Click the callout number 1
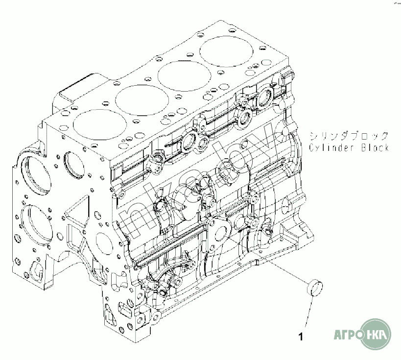point(301,336)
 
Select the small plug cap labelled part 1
point(314,288)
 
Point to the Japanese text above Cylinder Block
point(349,136)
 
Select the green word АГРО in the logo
point(348,335)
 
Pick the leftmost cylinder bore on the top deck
point(100,124)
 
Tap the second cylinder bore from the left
point(142,100)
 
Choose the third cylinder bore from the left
point(184,76)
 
